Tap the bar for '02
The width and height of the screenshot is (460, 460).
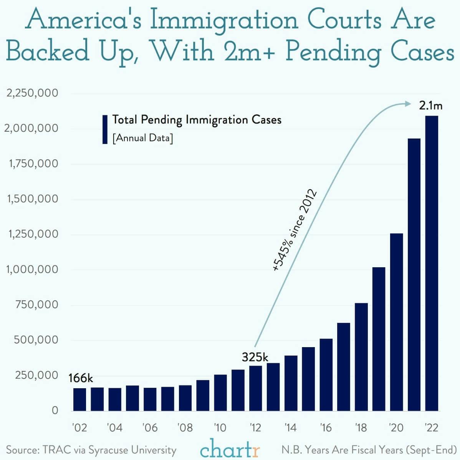[x=79, y=399]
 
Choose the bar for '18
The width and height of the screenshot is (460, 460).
[x=361, y=357]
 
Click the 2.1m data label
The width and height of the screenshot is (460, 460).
[x=430, y=106]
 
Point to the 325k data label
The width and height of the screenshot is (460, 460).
[x=255, y=357]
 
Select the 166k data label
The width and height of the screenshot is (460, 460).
[x=81, y=378]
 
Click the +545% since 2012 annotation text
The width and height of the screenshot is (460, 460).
[x=294, y=230]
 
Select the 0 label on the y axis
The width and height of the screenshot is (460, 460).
[x=55, y=410]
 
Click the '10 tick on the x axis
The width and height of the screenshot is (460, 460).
[x=220, y=427]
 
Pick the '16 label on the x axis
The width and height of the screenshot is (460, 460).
[x=326, y=427]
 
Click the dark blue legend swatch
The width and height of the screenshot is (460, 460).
[x=105, y=129]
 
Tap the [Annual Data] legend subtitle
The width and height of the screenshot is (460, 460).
[x=142, y=138]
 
